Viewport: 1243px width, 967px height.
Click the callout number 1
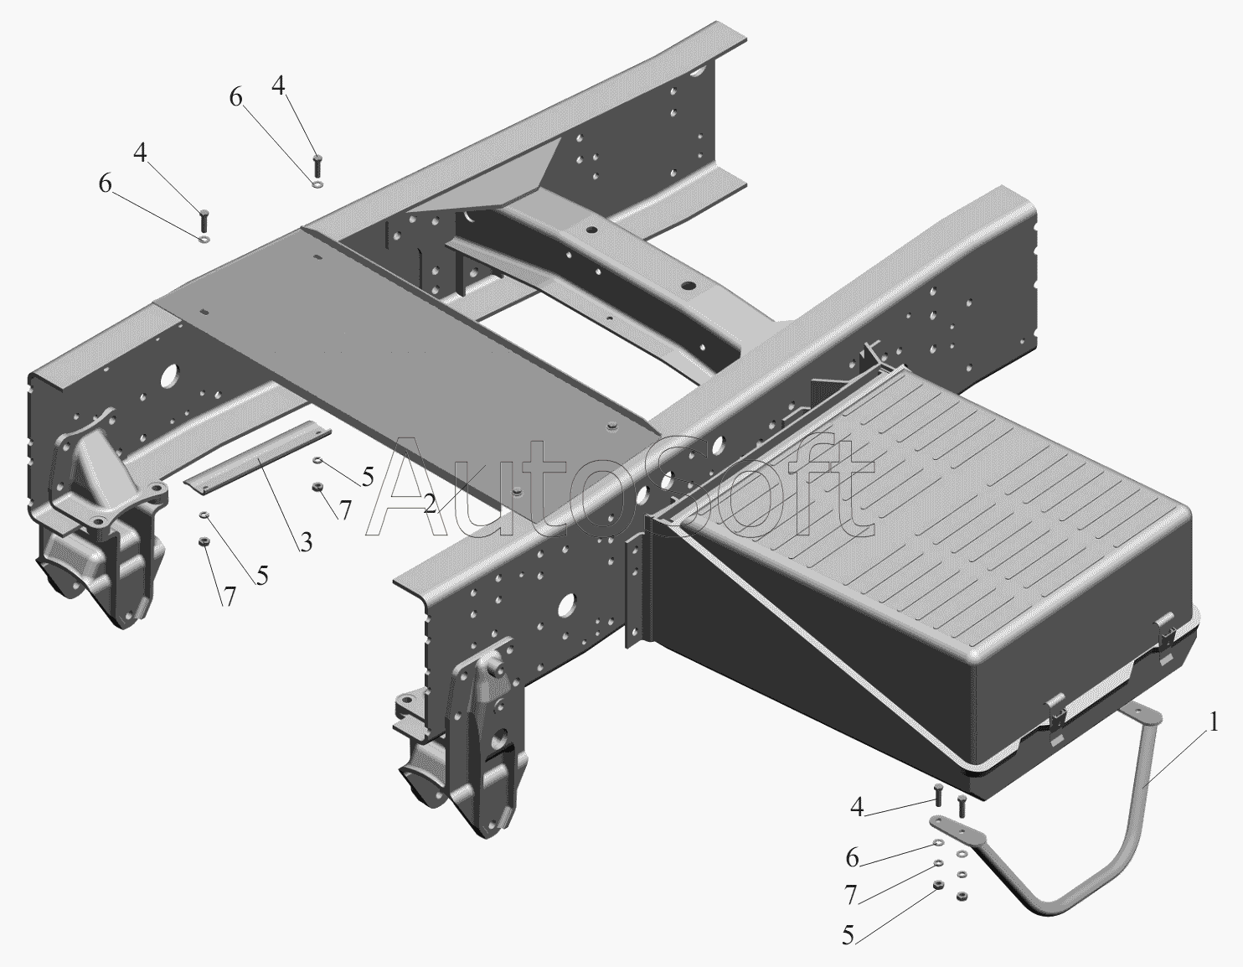click(x=1214, y=721)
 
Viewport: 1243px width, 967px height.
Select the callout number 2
click(x=429, y=504)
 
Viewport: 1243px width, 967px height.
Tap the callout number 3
click(x=306, y=542)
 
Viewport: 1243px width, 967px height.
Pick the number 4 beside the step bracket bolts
click(x=857, y=807)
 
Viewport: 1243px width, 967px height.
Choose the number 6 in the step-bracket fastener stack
click(x=852, y=857)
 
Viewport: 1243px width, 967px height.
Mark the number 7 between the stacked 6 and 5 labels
click(x=851, y=896)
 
